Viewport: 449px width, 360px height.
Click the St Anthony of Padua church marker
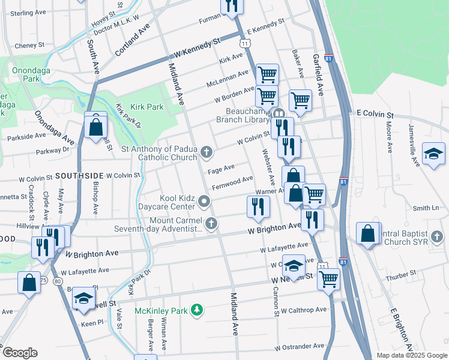tap(206, 152)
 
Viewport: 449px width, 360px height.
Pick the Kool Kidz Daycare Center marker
tap(205, 202)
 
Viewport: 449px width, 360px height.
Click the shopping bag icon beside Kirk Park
tap(95, 127)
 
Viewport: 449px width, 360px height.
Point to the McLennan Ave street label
tap(227, 78)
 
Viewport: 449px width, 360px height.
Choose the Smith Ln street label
tap(426, 208)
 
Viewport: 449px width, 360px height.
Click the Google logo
tap(20, 352)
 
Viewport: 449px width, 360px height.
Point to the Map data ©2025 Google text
tap(412, 355)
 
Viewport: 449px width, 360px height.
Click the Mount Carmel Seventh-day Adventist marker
tap(210, 224)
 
